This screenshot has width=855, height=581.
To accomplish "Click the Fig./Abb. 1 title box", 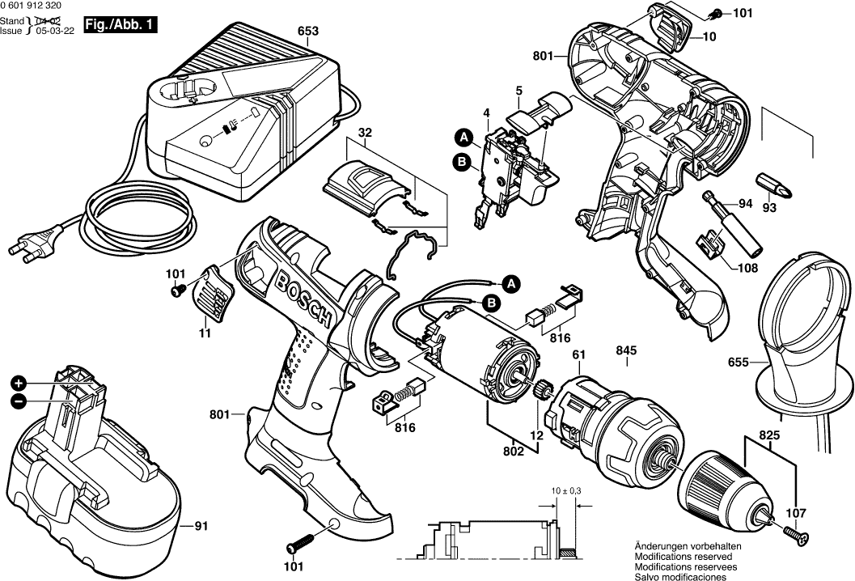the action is [x=121, y=25].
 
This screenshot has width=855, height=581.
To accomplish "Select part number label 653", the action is [x=308, y=31].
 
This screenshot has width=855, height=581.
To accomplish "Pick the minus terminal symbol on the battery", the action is [x=19, y=402].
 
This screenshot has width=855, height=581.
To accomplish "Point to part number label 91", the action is [x=201, y=527].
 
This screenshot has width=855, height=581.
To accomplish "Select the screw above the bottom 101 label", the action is [x=300, y=542].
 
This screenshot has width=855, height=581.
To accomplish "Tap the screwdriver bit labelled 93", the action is [x=774, y=186].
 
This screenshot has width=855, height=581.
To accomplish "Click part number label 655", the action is [x=739, y=363].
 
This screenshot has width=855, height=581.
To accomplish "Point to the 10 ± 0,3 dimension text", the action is [x=566, y=491].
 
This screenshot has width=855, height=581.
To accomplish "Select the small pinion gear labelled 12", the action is [x=543, y=391].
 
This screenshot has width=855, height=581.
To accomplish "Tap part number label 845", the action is [x=627, y=350].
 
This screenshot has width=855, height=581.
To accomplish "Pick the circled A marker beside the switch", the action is [x=463, y=138].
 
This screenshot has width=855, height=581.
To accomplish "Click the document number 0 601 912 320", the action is [x=31, y=6].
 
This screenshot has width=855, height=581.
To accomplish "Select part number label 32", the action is [x=365, y=133].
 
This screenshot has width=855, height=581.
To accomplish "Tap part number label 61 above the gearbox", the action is [x=578, y=355].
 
